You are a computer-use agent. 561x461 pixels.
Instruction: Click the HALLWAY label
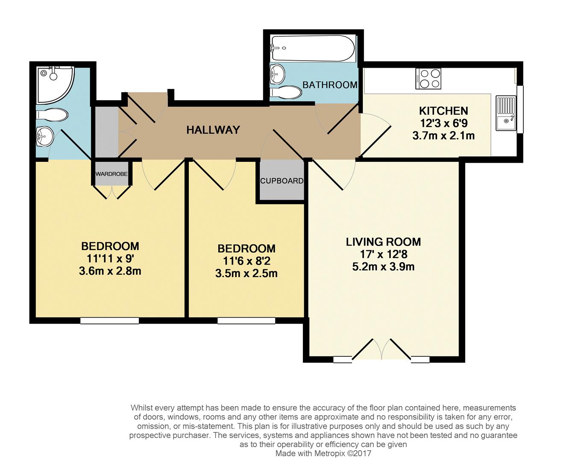point(213,130)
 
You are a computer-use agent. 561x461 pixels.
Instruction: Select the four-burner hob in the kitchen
point(428,79)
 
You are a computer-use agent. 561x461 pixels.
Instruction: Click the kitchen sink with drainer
point(506,113)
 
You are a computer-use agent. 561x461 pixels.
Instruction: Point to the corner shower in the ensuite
point(54,84)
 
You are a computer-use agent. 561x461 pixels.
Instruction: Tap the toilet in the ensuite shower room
point(52,115)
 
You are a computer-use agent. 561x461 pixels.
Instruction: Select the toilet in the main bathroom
point(286,92)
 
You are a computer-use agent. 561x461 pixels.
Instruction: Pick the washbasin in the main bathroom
point(277,75)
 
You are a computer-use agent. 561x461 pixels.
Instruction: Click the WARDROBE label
point(112,174)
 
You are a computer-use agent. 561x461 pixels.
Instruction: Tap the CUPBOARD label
point(282,181)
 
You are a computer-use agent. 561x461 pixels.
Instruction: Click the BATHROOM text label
point(330,85)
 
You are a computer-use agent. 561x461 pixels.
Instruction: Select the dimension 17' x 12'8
point(383,254)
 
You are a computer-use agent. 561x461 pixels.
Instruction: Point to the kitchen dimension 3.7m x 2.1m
point(444,136)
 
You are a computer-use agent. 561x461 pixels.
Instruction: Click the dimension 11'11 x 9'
point(110,258)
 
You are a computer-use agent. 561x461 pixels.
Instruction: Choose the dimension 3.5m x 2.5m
point(246,274)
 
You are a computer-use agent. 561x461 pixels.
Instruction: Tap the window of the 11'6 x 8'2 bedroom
point(246,321)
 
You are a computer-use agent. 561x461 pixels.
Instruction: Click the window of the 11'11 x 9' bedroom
point(109,321)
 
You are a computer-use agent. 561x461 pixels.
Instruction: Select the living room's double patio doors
point(382,350)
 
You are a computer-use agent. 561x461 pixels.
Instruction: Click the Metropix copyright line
point(323,453)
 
